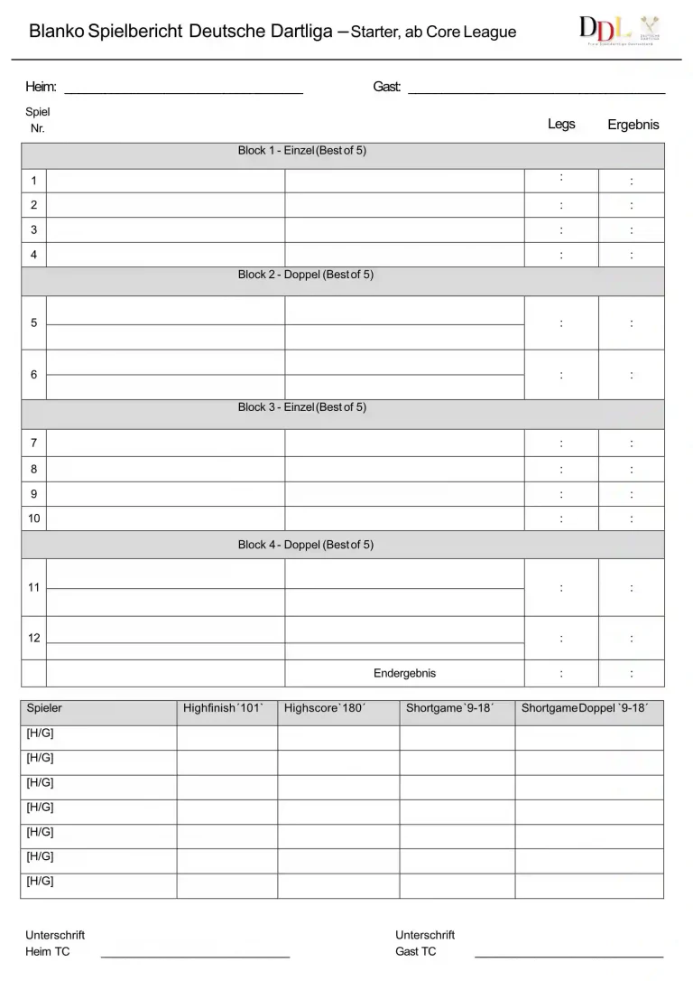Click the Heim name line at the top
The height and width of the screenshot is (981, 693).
pyautogui.click(x=183, y=92)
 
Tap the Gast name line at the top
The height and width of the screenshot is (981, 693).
pyautogui.click(x=536, y=92)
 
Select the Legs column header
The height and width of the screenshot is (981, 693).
pyautogui.click(x=561, y=124)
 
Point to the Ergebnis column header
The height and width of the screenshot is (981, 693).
pyautogui.click(x=633, y=125)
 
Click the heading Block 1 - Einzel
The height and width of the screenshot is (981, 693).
pyautogui.click(x=302, y=151)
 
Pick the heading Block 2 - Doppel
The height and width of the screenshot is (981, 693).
pyautogui.click(x=305, y=275)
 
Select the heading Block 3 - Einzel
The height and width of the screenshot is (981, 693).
pyautogui.click(x=302, y=407)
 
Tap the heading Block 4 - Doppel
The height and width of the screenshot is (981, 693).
pyautogui.click(x=305, y=545)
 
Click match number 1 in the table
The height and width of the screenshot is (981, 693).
pyautogui.click(x=33, y=181)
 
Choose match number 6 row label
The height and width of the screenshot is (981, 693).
pyautogui.click(x=33, y=374)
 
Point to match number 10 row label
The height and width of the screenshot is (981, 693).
pyautogui.click(x=33, y=519)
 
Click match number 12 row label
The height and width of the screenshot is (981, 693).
pyautogui.click(x=33, y=638)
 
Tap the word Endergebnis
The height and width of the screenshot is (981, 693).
pyautogui.click(x=404, y=673)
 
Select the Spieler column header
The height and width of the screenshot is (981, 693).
pyautogui.click(x=44, y=708)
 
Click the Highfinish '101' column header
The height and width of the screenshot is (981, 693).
pyautogui.click(x=223, y=708)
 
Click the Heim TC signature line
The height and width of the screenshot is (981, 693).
pyautogui.click(x=195, y=955)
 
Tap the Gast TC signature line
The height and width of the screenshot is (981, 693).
pyautogui.click(x=568, y=955)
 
